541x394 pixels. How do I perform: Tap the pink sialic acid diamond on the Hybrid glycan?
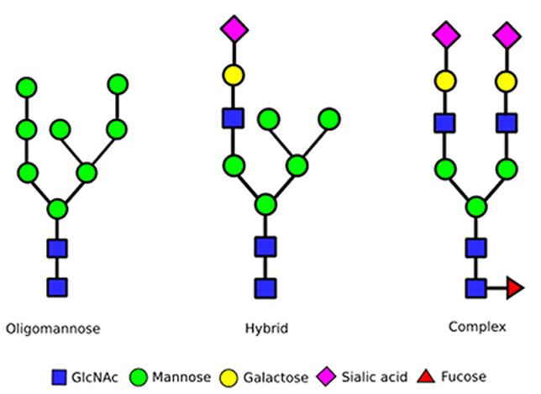(234, 30)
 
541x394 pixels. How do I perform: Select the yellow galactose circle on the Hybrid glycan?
(234, 76)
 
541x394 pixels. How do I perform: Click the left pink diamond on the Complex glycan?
(446, 35)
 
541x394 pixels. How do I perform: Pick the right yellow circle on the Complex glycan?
(506, 81)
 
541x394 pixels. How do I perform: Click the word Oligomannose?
(52, 328)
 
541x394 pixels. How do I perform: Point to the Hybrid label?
(266, 328)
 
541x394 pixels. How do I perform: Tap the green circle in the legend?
(138, 376)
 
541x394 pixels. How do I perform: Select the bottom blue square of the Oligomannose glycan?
(57, 287)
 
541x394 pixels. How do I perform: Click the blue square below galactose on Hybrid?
(234, 118)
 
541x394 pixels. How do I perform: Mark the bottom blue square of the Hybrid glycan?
(266, 288)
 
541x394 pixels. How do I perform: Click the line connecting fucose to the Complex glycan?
(496, 288)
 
